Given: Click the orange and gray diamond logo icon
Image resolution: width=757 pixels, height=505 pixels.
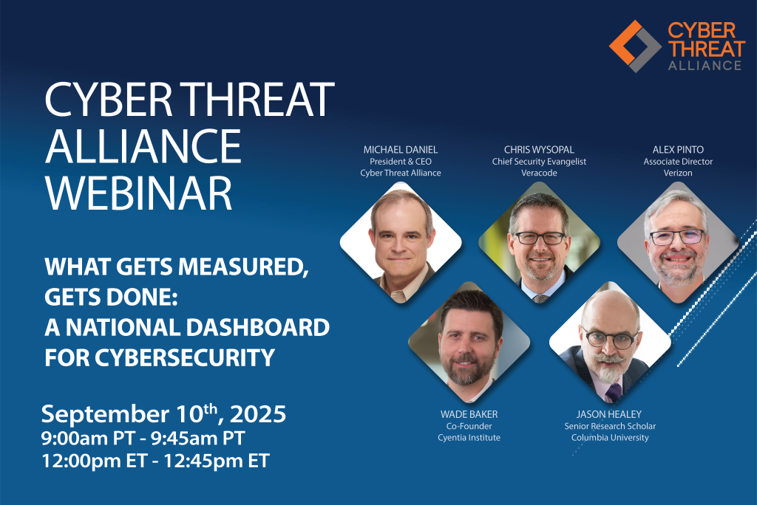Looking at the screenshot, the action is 635,47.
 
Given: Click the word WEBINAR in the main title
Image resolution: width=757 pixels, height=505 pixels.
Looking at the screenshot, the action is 139,193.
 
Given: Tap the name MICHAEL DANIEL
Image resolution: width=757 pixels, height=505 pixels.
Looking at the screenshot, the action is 401,150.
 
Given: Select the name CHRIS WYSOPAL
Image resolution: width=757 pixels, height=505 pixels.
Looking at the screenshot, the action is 539,150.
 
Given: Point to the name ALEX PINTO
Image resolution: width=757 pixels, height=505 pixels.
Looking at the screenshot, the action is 678,150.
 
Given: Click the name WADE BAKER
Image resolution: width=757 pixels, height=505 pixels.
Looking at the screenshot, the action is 469,414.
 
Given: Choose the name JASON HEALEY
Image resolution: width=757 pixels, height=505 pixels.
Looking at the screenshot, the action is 609,414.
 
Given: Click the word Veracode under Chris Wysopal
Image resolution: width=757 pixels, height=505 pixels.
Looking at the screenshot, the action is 539,173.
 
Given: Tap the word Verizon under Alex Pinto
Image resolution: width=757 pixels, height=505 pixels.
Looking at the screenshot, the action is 678,173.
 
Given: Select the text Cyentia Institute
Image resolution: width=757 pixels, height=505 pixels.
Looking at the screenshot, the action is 469,438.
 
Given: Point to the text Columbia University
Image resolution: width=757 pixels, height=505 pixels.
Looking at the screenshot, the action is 610,438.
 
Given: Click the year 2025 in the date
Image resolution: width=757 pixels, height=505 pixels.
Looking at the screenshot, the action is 258,414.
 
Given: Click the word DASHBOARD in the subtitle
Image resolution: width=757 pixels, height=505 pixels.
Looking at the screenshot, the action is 258,328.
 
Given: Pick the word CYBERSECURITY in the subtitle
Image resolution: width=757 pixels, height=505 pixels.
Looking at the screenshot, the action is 185,358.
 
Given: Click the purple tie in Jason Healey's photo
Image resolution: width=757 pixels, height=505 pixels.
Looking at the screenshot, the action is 613,392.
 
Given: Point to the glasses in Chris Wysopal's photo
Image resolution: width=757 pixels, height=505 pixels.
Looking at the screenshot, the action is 539,238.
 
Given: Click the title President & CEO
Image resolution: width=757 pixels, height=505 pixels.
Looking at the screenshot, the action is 401,162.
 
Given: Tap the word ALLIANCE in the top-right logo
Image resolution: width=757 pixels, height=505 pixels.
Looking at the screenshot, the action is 705,66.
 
